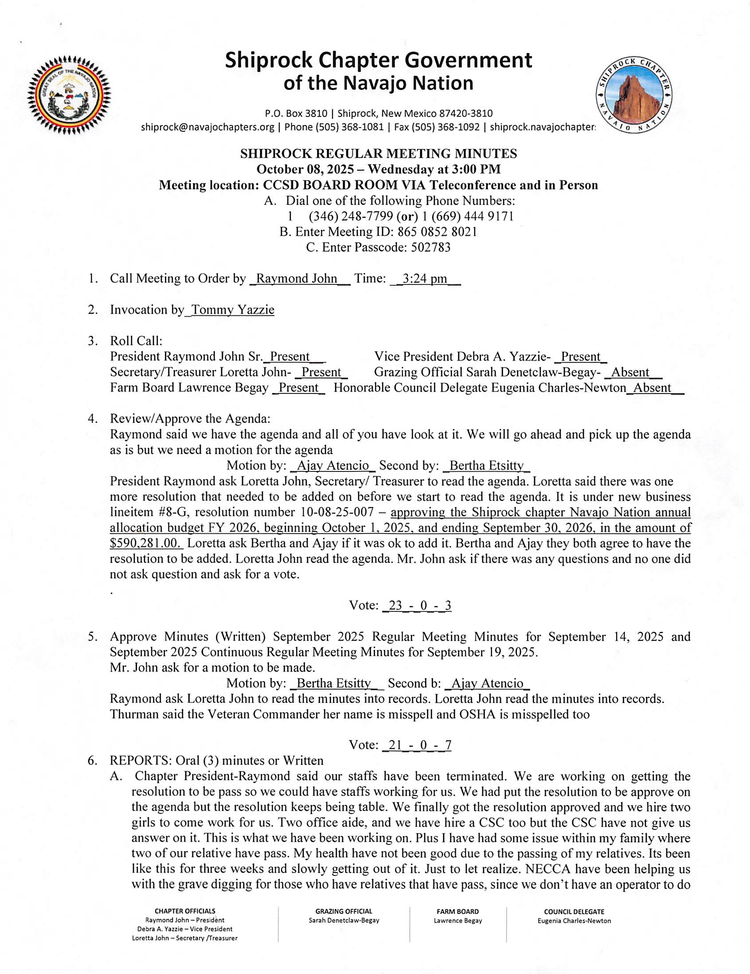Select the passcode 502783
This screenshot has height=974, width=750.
tap(430, 247)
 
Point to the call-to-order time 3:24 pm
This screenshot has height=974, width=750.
tap(424, 279)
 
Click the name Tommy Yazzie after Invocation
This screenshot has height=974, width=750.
tap(232, 310)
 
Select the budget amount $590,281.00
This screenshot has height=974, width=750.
tap(146, 544)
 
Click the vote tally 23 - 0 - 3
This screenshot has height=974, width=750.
tap(417, 606)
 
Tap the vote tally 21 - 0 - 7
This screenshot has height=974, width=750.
tap(417, 745)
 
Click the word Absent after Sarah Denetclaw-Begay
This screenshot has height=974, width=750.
tap(630, 372)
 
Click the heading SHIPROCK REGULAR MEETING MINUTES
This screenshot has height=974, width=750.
tap(379, 154)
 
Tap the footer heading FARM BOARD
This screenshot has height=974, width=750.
tap(457, 912)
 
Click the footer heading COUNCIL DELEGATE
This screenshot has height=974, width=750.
tap(574, 912)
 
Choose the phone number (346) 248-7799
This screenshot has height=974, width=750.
tap(351, 217)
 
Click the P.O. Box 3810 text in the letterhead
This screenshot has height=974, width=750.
tap(296, 114)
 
